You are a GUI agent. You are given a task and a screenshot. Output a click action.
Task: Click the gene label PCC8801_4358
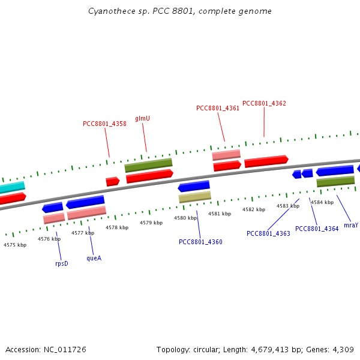tap(104, 124)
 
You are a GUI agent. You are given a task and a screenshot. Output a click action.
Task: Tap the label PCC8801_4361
tap(218, 109)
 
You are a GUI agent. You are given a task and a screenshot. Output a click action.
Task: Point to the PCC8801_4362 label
tap(264, 103)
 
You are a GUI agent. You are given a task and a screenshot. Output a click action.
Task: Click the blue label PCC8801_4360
tap(200, 242)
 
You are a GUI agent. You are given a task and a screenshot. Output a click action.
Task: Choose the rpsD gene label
tap(62, 263)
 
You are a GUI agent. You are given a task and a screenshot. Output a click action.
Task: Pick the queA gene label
tap(94, 258)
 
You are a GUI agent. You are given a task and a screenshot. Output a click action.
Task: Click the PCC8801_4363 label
tap(268, 233)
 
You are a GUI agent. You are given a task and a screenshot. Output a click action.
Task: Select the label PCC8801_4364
tap(317, 229)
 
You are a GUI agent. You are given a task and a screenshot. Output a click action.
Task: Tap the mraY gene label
tap(351, 226)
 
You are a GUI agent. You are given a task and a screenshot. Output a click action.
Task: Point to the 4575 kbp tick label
tap(15, 245)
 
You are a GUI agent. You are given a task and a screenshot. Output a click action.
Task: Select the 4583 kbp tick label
tap(288, 206)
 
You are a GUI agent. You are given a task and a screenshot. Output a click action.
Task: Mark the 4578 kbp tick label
tap(117, 227)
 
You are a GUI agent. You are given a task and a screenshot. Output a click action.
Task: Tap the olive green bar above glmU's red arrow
tap(148, 165)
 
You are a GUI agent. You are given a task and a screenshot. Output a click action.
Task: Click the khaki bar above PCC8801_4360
tap(195, 197)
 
